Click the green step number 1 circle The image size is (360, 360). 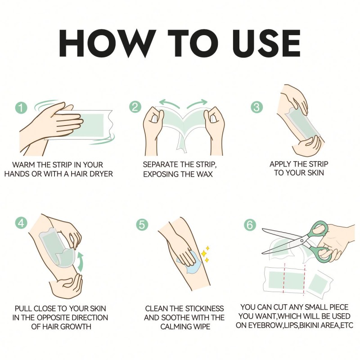[x=21, y=107]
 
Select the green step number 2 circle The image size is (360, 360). [x=135, y=107]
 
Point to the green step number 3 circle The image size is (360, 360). [x=256, y=107]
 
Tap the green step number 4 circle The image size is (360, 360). [x=21, y=222]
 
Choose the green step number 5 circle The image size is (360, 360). [x=142, y=224]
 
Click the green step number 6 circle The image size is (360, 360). [x=250, y=224]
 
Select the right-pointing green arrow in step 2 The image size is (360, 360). [x=197, y=103]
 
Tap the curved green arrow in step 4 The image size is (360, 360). [x=81, y=262]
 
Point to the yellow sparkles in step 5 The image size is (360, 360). [x=205, y=254]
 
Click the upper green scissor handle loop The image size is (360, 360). [x=318, y=229]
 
